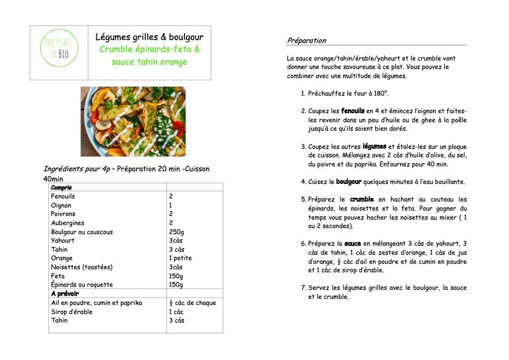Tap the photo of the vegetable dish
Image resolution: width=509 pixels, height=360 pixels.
click(x=133, y=122)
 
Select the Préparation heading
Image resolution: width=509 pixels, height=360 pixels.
click(x=307, y=41)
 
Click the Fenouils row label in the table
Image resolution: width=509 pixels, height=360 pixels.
click(x=63, y=197)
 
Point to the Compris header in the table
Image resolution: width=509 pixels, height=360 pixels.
click(x=61, y=188)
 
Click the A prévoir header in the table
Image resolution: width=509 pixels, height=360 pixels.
click(x=64, y=293)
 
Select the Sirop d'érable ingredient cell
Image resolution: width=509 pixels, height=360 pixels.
click(x=72, y=312)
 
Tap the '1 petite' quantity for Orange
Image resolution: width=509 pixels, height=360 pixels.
click(x=180, y=258)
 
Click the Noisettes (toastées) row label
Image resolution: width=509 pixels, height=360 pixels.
click(x=82, y=267)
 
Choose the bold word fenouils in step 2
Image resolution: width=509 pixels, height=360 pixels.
click(x=353, y=111)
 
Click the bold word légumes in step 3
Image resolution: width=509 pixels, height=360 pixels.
click(x=374, y=146)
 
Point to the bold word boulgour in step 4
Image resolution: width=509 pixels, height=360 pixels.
click(x=349, y=182)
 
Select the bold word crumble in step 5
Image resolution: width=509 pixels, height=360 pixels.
click(x=362, y=199)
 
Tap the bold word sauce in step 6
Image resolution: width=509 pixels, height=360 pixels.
click(x=353, y=243)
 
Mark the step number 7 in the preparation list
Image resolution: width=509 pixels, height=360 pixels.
click(x=303, y=287)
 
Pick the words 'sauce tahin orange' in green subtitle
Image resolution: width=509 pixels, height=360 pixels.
click(x=149, y=62)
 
